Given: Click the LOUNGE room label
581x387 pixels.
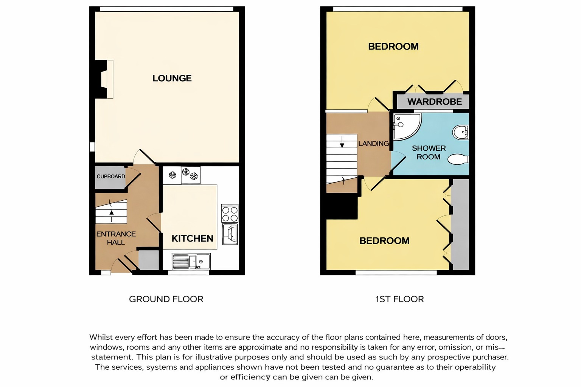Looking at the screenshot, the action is (x=172, y=78).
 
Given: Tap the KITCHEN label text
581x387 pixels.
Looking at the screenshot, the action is (x=193, y=238).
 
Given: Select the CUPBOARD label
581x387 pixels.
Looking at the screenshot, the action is (x=111, y=176).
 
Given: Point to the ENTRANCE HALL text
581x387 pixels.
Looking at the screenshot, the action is (x=116, y=238).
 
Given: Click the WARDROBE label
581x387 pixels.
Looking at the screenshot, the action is (x=435, y=102).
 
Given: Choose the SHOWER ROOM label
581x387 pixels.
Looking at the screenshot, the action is (x=429, y=152).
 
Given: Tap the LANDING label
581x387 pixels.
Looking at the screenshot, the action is (x=373, y=143).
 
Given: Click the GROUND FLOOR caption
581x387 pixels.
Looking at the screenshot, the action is (x=166, y=299).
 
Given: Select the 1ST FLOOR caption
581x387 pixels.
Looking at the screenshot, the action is (x=399, y=299).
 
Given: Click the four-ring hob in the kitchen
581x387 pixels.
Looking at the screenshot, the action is (x=230, y=213).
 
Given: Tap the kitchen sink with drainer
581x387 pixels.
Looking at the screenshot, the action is (x=191, y=261).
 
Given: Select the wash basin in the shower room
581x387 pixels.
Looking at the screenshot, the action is (x=461, y=132).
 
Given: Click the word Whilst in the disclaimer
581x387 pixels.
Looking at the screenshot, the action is (x=101, y=337).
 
